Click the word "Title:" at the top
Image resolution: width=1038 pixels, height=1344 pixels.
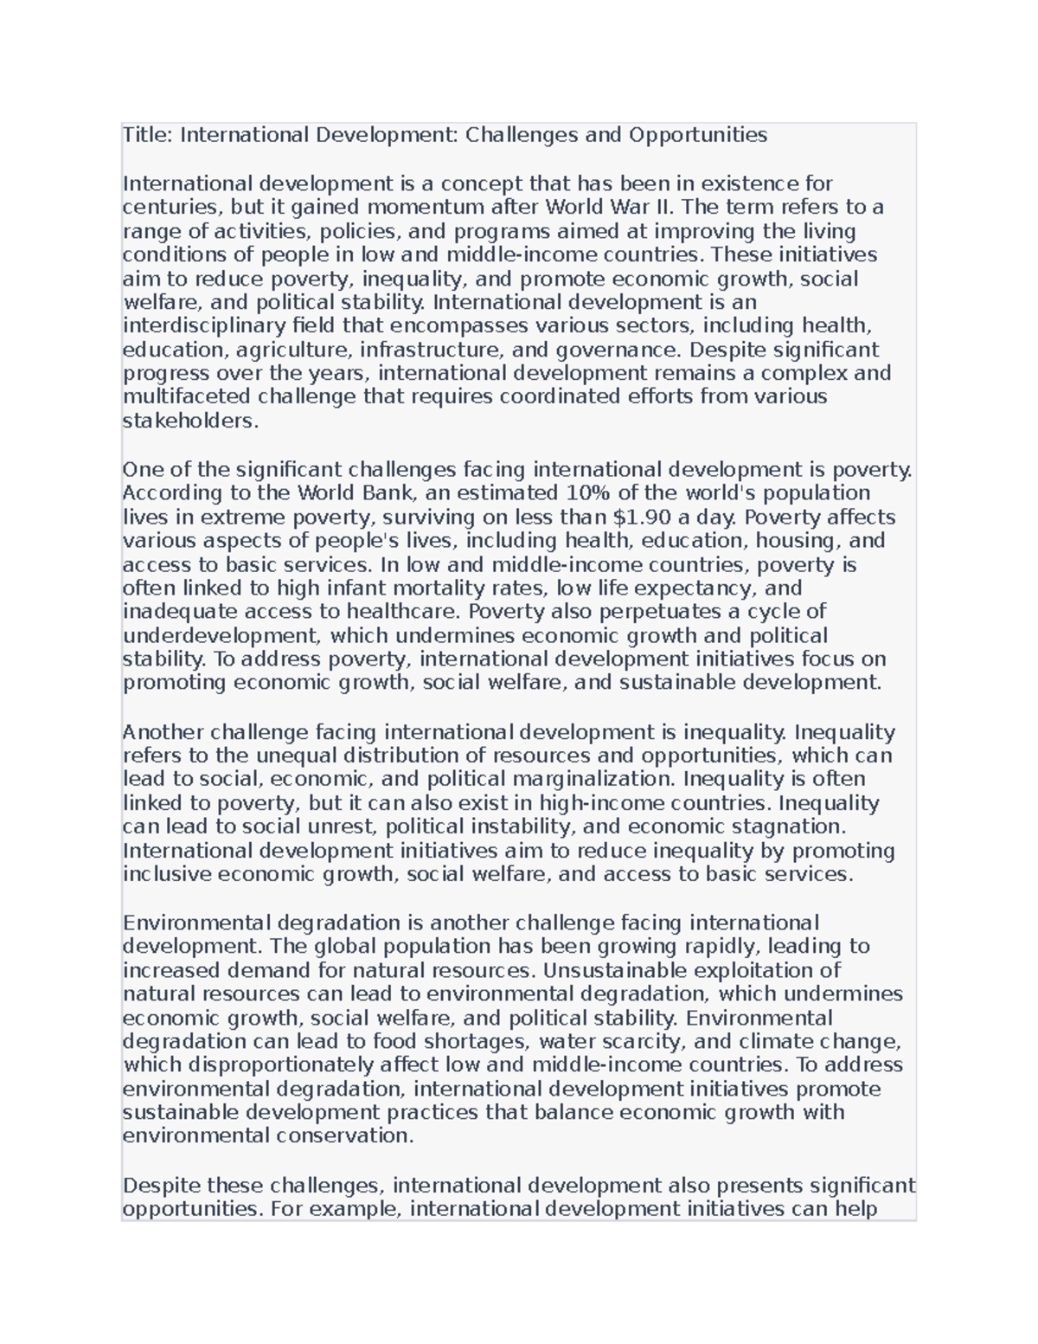[x=148, y=135]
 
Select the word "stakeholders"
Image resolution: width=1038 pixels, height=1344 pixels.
[x=189, y=421]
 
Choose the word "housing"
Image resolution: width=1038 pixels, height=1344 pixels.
[x=796, y=541]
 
